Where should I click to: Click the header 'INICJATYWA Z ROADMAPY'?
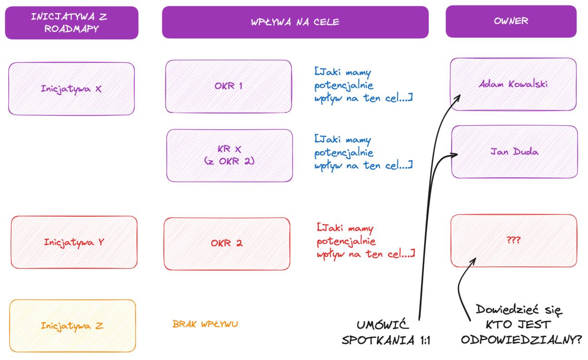point(71,23)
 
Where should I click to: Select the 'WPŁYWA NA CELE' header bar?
point(295,22)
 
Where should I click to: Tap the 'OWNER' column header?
point(511,21)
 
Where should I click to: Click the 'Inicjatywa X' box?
point(71,89)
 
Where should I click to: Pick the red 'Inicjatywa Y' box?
point(74,242)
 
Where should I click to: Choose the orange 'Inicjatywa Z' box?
point(72,326)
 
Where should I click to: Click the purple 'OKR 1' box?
point(228,86)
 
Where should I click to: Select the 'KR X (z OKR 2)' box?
point(229,155)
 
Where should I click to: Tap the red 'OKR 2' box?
point(227,243)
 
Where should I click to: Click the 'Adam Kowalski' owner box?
point(513,84)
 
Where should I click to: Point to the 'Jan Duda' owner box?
point(514,152)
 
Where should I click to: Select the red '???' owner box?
point(513,240)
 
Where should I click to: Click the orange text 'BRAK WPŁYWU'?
point(205,324)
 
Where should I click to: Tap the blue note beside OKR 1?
point(363,85)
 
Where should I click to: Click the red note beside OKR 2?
point(365,241)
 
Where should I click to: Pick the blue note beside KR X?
point(363,152)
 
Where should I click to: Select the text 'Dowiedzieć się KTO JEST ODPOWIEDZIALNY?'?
point(520,325)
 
